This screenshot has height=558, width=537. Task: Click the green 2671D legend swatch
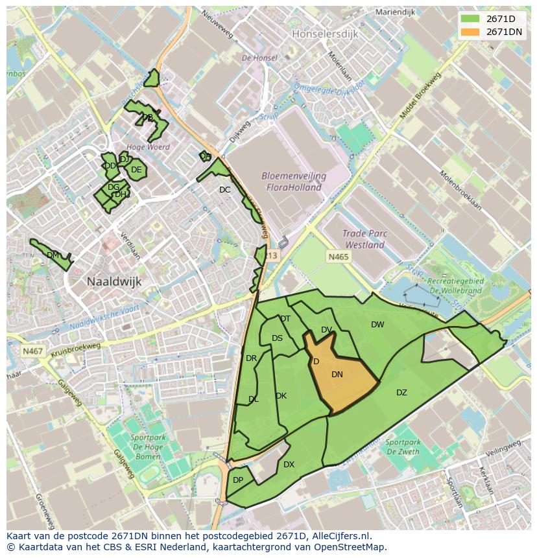pyautogui.click(x=470, y=19)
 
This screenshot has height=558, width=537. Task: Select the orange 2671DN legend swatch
pyautogui.click(x=470, y=32)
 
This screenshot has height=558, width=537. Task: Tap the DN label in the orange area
pyautogui.click(x=337, y=375)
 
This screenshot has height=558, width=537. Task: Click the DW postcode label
pyautogui.click(x=377, y=325)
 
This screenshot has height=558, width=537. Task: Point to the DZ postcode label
pyautogui.click(x=401, y=393)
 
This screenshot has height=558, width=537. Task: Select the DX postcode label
pyautogui.click(x=289, y=465)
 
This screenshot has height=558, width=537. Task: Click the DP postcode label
pyautogui.click(x=238, y=480)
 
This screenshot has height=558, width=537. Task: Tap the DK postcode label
pyautogui.click(x=281, y=396)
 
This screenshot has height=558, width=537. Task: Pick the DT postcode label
pyautogui.click(x=285, y=319)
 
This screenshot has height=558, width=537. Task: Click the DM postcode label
pyautogui.click(x=53, y=255)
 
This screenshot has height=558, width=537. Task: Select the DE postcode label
pyautogui.click(x=136, y=170)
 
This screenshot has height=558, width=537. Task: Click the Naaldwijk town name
pyautogui.click(x=114, y=281)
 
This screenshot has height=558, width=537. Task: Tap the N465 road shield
pyautogui.click(x=338, y=257)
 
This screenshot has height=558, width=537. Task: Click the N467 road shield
pyautogui.click(x=32, y=351)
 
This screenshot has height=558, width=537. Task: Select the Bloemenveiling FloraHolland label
pyautogui.click(x=294, y=181)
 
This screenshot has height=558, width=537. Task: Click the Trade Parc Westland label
pyautogui.click(x=364, y=240)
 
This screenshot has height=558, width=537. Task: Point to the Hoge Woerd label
pyautogui.click(x=149, y=147)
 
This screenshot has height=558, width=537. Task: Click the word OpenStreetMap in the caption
pyautogui.click(x=350, y=547)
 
